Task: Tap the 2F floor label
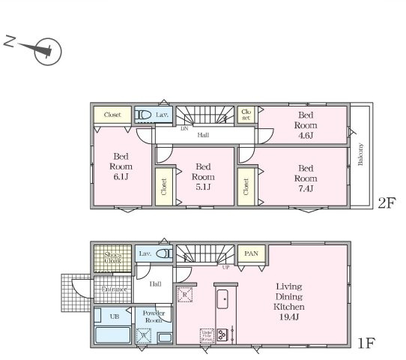click(x=385, y=203)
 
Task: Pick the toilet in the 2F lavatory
click(x=143, y=115)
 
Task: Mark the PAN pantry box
click(x=251, y=254)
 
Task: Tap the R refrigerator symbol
click(x=183, y=294)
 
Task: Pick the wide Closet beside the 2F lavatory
click(x=112, y=115)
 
